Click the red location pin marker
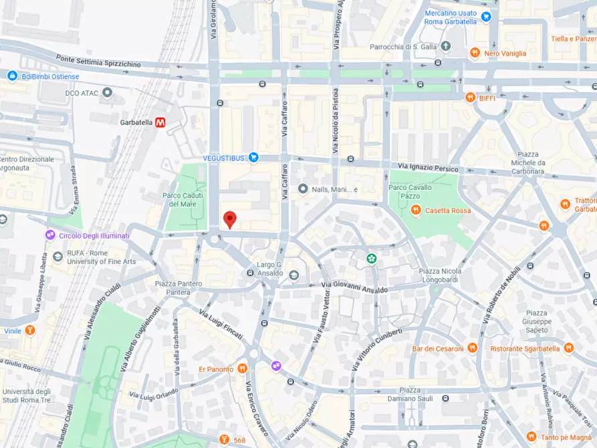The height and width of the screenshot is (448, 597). pos(229,219)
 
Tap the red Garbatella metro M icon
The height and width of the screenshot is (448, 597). pos(160,122)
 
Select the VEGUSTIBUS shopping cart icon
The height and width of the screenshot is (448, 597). pos(253,157)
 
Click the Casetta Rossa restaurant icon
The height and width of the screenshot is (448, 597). pos(415,211)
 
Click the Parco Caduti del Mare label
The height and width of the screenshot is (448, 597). pos(182,199)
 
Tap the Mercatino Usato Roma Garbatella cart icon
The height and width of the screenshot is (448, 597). pos(486,17)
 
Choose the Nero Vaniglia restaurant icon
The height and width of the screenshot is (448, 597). pos(474,53)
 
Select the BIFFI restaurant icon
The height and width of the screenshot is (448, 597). pos(470,98)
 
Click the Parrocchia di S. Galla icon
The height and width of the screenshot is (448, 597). pos(446,47)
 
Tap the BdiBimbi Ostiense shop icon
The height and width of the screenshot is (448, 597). pos(12,76)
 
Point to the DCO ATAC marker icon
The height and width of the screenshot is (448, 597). pos(107,92)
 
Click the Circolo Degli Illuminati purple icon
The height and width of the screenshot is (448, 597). pos(49,235)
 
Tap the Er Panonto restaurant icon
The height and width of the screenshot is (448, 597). pos(243,369)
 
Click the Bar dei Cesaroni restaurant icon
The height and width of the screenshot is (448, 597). pos(473,348)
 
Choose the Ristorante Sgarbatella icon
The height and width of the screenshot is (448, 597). pos(568,348)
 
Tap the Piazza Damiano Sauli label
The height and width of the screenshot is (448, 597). pos(419,394)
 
